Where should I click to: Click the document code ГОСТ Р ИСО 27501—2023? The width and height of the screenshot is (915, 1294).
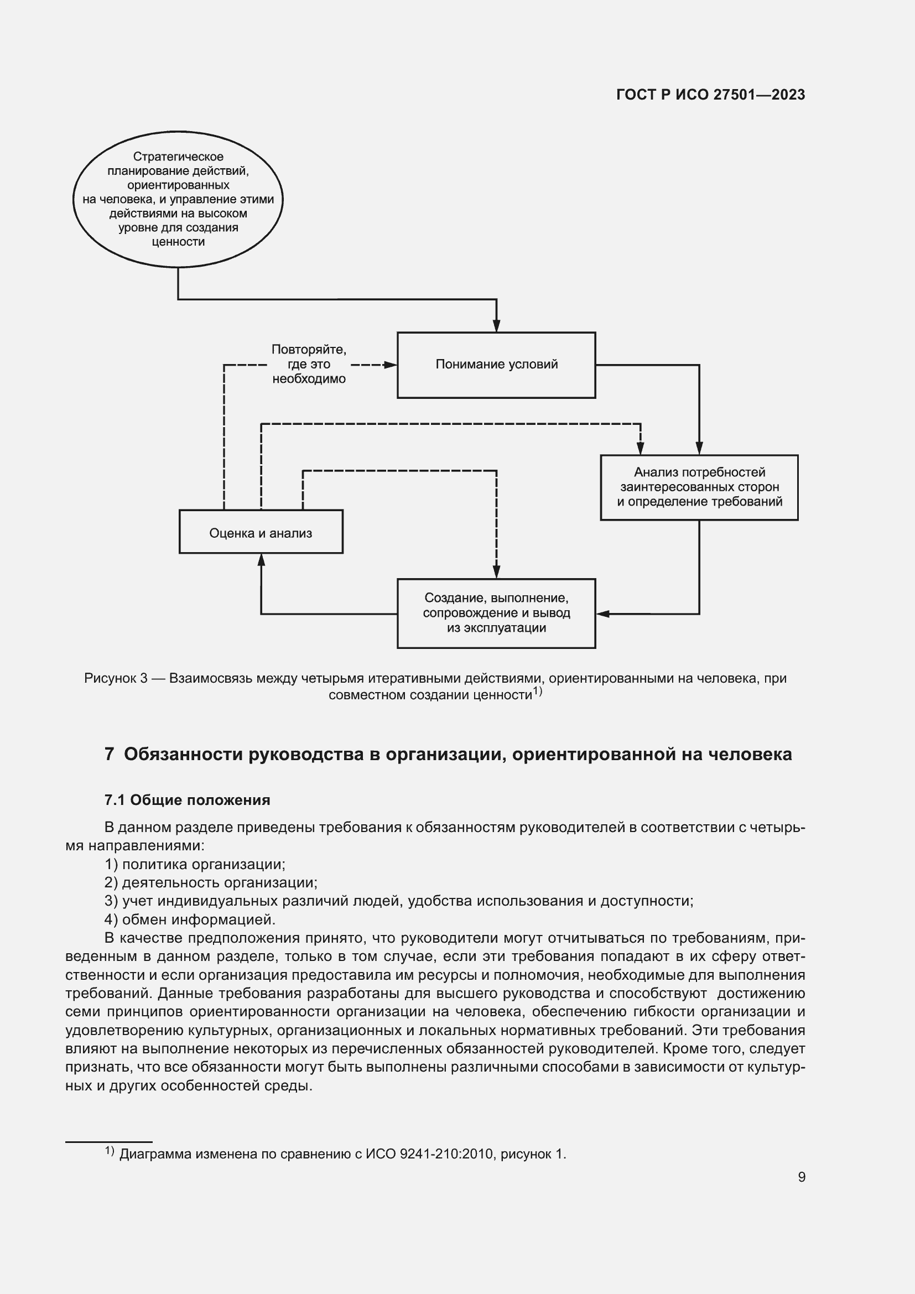pyautogui.click(x=710, y=95)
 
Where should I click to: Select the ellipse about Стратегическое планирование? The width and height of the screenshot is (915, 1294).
pyautogui.click(x=178, y=199)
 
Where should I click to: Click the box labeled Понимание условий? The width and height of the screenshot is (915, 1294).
pyautogui.click(x=496, y=365)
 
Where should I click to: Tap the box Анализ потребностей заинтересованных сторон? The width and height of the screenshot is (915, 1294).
pyautogui.click(x=699, y=487)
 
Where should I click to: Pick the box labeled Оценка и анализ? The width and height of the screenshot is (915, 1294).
pyautogui.click(x=261, y=532)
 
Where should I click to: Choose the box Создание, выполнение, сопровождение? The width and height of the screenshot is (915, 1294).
pyautogui.click(x=496, y=613)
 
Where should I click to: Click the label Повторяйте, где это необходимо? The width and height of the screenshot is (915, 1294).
pyautogui.click(x=309, y=364)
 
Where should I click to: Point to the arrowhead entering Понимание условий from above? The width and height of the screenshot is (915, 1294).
pyautogui.click(x=496, y=326)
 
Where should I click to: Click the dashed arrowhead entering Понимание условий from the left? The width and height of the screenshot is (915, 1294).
pyautogui.click(x=391, y=365)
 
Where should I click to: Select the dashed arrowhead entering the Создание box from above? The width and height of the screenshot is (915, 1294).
pyautogui.click(x=496, y=573)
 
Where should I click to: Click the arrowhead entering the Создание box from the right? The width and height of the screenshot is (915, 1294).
pyautogui.click(x=602, y=613)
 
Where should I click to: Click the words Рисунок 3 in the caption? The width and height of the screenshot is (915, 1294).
pyautogui.click(x=116, y=678)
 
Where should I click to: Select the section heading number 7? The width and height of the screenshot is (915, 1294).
pyautogui.click(x=110, y=754)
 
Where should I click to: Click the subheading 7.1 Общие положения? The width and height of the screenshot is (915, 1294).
pyautogui.click(x=187, y=800)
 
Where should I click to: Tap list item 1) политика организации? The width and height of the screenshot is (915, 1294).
pyautogui.click(x=195, y=864)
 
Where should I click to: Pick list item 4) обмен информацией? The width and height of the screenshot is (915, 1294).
pyautogui.click(x=190, y=919)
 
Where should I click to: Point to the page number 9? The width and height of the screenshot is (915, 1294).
pyautogui.click(x=801, y=1177)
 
